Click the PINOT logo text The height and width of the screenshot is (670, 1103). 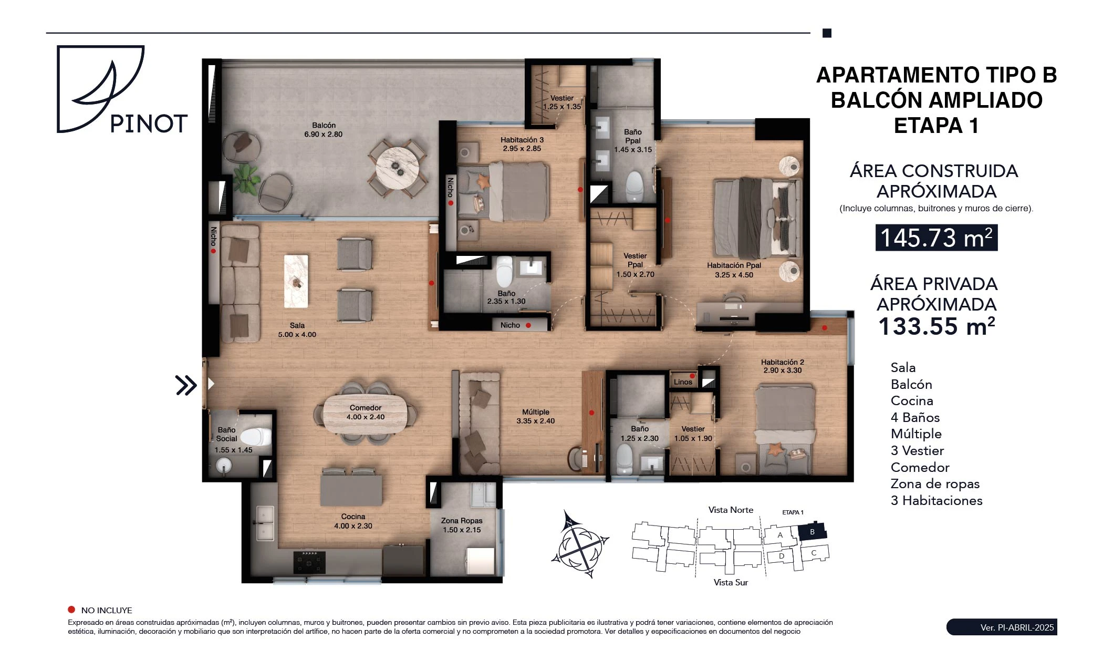pyautogui.click(x=149, y=124)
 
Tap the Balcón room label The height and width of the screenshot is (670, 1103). pyautogui.click(x=324, y=125)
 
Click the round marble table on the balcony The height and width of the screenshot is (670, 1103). pyautogui.click(x=397, y=167)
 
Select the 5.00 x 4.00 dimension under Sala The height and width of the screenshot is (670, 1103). pyautogui.click(x=297, y=334)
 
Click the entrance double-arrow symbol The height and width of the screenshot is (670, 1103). pyautogui.click(x=186, y=385)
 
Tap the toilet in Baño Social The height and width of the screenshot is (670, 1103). pyautogui.click(x=256, y=437)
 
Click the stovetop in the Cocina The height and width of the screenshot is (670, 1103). pyautogui.click(x=309, y=562)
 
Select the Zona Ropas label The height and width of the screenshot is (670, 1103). pyautogui.click(x=462, y=521)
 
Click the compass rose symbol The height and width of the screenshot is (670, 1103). pyautogui.click(x=580, y=544)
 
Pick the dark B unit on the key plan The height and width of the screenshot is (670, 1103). pyautogui.click(x=812, y=532)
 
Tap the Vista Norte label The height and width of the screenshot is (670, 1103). pyautogui.click(x=731, y=510)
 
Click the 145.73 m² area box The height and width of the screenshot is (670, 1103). pyautogui.click(x=936, y=238)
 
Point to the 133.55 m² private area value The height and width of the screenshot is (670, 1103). pyautogui.click(x=936, y=326)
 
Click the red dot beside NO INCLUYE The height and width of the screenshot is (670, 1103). pyautogui.click(x=71, y=610)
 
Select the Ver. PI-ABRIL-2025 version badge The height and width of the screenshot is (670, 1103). pyautogui.click(x=1002, y=627)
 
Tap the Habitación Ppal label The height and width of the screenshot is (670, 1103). pyautogui.click(x=734, y=265)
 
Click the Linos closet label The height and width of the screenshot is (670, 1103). pyautogui.click(x=683, y=382)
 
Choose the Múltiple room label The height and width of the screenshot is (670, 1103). pyautogui.click(x=536, y=412)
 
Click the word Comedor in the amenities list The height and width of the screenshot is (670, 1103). pyautogui.click(x=920, y=467)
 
